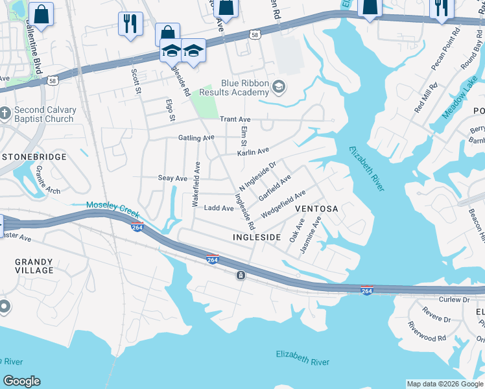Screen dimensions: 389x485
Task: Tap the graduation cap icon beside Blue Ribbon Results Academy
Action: coord(279,87)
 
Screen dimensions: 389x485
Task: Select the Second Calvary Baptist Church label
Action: coord(44,115)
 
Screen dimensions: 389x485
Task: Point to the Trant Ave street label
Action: coord(235,119)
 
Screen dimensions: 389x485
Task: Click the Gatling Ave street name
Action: coord(196,138)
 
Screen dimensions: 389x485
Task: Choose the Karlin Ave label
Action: coord(253,152)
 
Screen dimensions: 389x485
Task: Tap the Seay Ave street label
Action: coord(172,178)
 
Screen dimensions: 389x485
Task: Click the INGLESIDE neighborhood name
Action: coord(256,238)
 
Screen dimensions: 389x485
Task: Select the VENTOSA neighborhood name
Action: coord(316,209)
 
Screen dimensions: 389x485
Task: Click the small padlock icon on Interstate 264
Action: coord(241,276)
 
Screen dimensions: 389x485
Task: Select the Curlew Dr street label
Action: coord(454,300)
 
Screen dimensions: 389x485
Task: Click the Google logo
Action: coord(21,381)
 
